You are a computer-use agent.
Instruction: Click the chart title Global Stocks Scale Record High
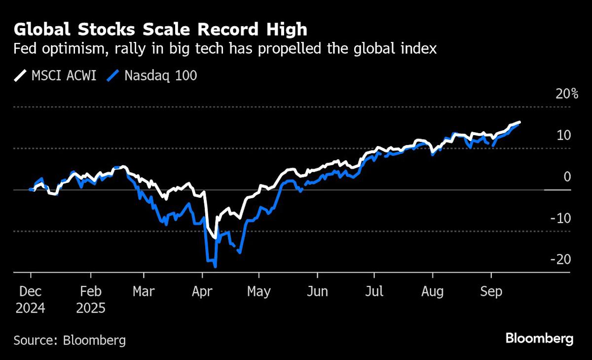pyautogui.click(x=160, y=29)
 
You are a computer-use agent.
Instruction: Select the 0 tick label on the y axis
pyautogui.click(x=567, y=177)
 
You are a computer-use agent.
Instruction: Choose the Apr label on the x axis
pyautogui.click(x=202, y=291)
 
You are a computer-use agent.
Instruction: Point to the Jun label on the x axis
pyautogui.click(x=317, y=291)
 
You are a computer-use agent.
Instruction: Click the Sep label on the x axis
pyautogui.click(x=491, y=291)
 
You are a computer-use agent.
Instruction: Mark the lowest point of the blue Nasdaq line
pyautogui.click(x=216, y=267)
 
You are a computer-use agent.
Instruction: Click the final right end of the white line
pyautogui.click(x=519, y=122)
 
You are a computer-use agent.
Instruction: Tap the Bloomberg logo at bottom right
pyautogui.click(x=539, y=339)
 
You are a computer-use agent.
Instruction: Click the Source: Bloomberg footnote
pyautogui.click(x=70, y=340)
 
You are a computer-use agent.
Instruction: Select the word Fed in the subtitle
pyautogui.click(x=26, y=49)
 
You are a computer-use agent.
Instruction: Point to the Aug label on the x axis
pyautogui.click(x=433, y=291)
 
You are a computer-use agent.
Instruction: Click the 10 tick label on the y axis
pyautogui.click(x=564, y=135)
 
